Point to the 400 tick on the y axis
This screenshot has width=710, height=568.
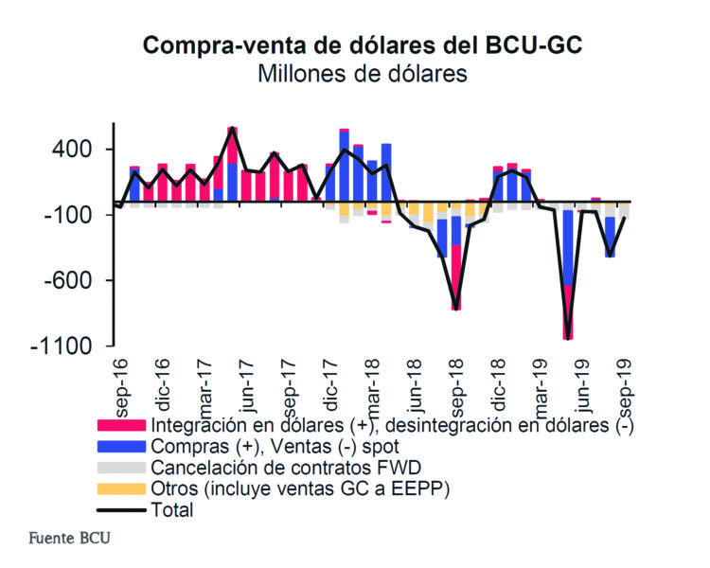73,150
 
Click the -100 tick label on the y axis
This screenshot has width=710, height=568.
67,215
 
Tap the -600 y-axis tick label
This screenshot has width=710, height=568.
67,280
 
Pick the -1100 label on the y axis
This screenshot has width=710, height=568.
62,346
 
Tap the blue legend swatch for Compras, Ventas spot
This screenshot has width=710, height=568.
122,446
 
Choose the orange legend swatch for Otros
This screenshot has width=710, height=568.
122,488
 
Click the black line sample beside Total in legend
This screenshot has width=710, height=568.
122,509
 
